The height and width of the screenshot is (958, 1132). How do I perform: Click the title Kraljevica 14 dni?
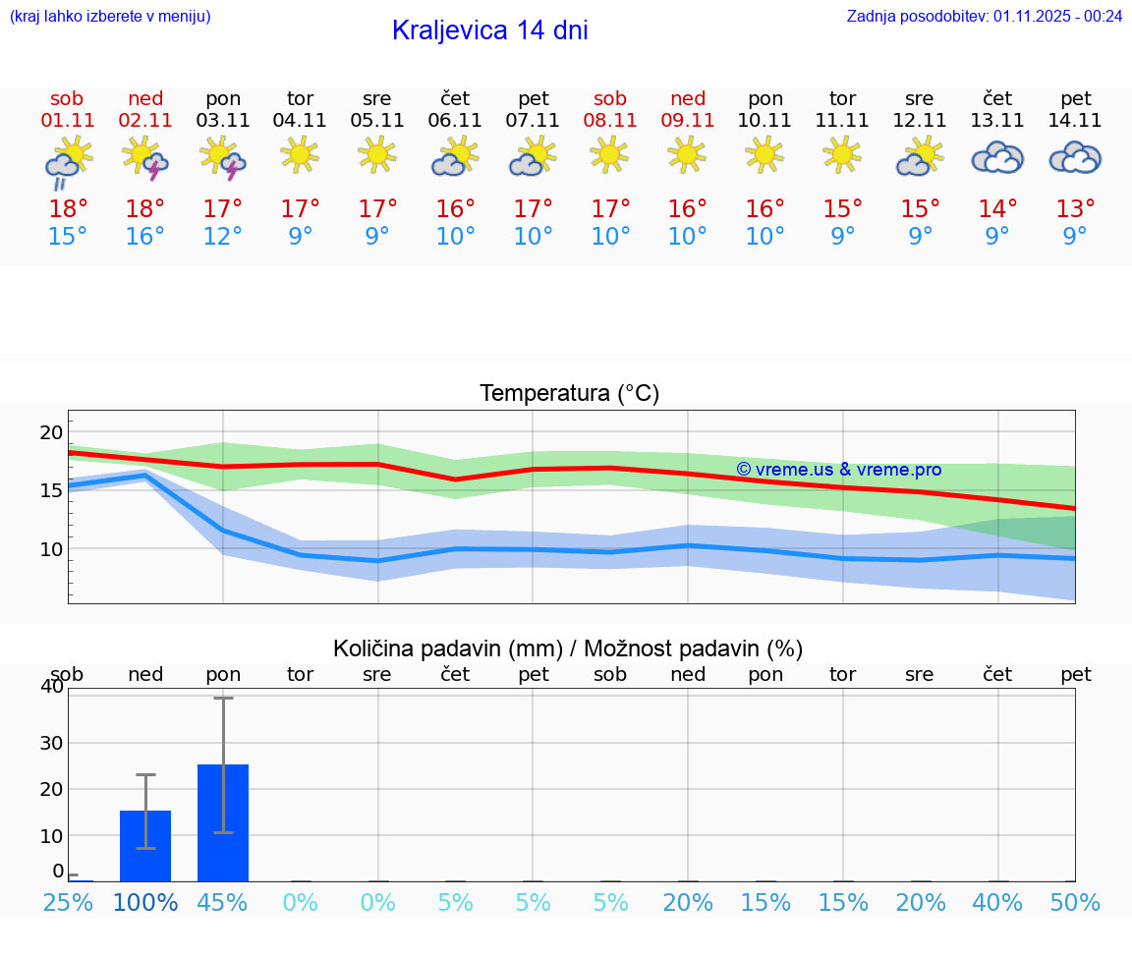(489, 30)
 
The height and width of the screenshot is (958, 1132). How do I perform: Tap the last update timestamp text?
(984, 16)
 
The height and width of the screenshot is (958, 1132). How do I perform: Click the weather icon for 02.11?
(145, 157)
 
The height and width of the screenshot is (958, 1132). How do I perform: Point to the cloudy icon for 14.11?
(1075, 157)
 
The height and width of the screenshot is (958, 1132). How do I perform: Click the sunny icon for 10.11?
(764, 154)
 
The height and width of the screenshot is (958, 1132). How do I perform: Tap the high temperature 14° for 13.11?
(997, 209)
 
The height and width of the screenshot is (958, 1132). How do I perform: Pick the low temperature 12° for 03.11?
(223, 237)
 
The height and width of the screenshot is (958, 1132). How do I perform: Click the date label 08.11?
(610, 121)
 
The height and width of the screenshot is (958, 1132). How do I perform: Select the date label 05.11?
(377, 121)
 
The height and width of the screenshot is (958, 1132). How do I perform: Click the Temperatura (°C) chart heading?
(569, 394)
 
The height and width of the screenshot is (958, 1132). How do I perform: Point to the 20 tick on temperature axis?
(51, 433)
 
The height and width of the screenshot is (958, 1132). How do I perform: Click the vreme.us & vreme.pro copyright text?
(838, 470)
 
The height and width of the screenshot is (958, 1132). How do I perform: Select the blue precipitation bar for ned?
(145, 846)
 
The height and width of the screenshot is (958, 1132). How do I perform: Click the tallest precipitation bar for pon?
(223, 822)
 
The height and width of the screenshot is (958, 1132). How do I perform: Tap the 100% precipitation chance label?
(145, 902)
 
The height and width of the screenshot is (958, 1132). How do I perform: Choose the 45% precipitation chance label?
(223, 902)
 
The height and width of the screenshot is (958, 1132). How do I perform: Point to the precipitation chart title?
(568, 648)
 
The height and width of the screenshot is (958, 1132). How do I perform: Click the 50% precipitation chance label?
(1075, 902)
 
